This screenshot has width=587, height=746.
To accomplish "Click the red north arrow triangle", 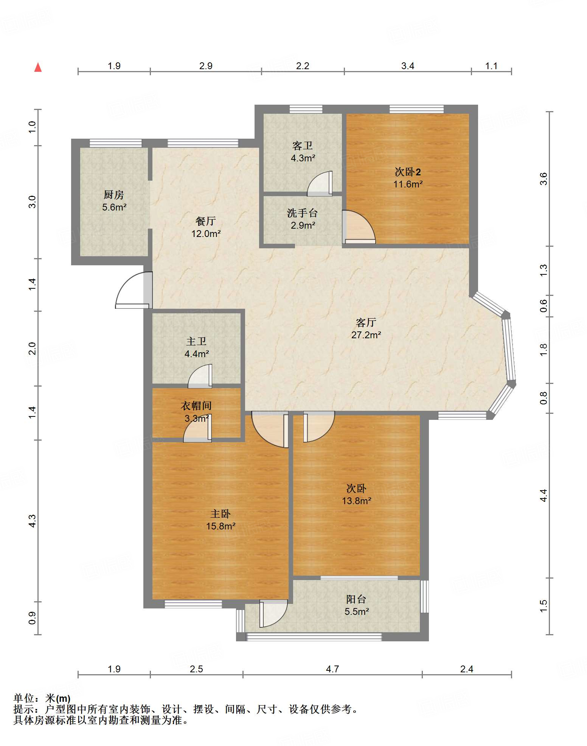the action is tap(38, 67).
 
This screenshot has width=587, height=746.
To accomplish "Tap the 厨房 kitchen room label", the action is tap(113, 195).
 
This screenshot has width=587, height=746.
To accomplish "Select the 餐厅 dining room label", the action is tap(206, 221).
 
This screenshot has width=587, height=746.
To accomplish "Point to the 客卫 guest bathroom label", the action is tap(303, 145).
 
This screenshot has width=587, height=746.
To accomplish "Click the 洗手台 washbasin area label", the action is tap(302, 213).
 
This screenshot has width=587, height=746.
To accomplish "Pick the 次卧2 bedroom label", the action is tap(408, 172).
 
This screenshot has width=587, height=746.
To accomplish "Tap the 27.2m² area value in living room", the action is tap(366, 335).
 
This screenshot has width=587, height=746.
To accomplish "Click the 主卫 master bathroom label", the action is tap(196, 341).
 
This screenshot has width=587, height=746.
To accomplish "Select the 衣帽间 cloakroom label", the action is tap(196, 406).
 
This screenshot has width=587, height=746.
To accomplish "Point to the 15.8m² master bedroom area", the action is tap(221, 526).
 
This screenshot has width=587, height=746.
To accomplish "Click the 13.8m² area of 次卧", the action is tap(357, 501).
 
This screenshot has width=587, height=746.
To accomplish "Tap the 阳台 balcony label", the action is tap(356, 599).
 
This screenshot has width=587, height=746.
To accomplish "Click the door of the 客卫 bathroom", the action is tap(320, 184).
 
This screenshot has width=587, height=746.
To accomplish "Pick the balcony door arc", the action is tap(273, 613).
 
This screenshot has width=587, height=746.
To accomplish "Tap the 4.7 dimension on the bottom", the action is tap(332, 669).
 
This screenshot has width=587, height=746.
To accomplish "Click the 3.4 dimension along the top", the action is tap(408, 66).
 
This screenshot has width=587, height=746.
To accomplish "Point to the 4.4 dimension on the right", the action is tap(543, 495).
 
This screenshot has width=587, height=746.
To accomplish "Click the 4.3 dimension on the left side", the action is tap(32, 521).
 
